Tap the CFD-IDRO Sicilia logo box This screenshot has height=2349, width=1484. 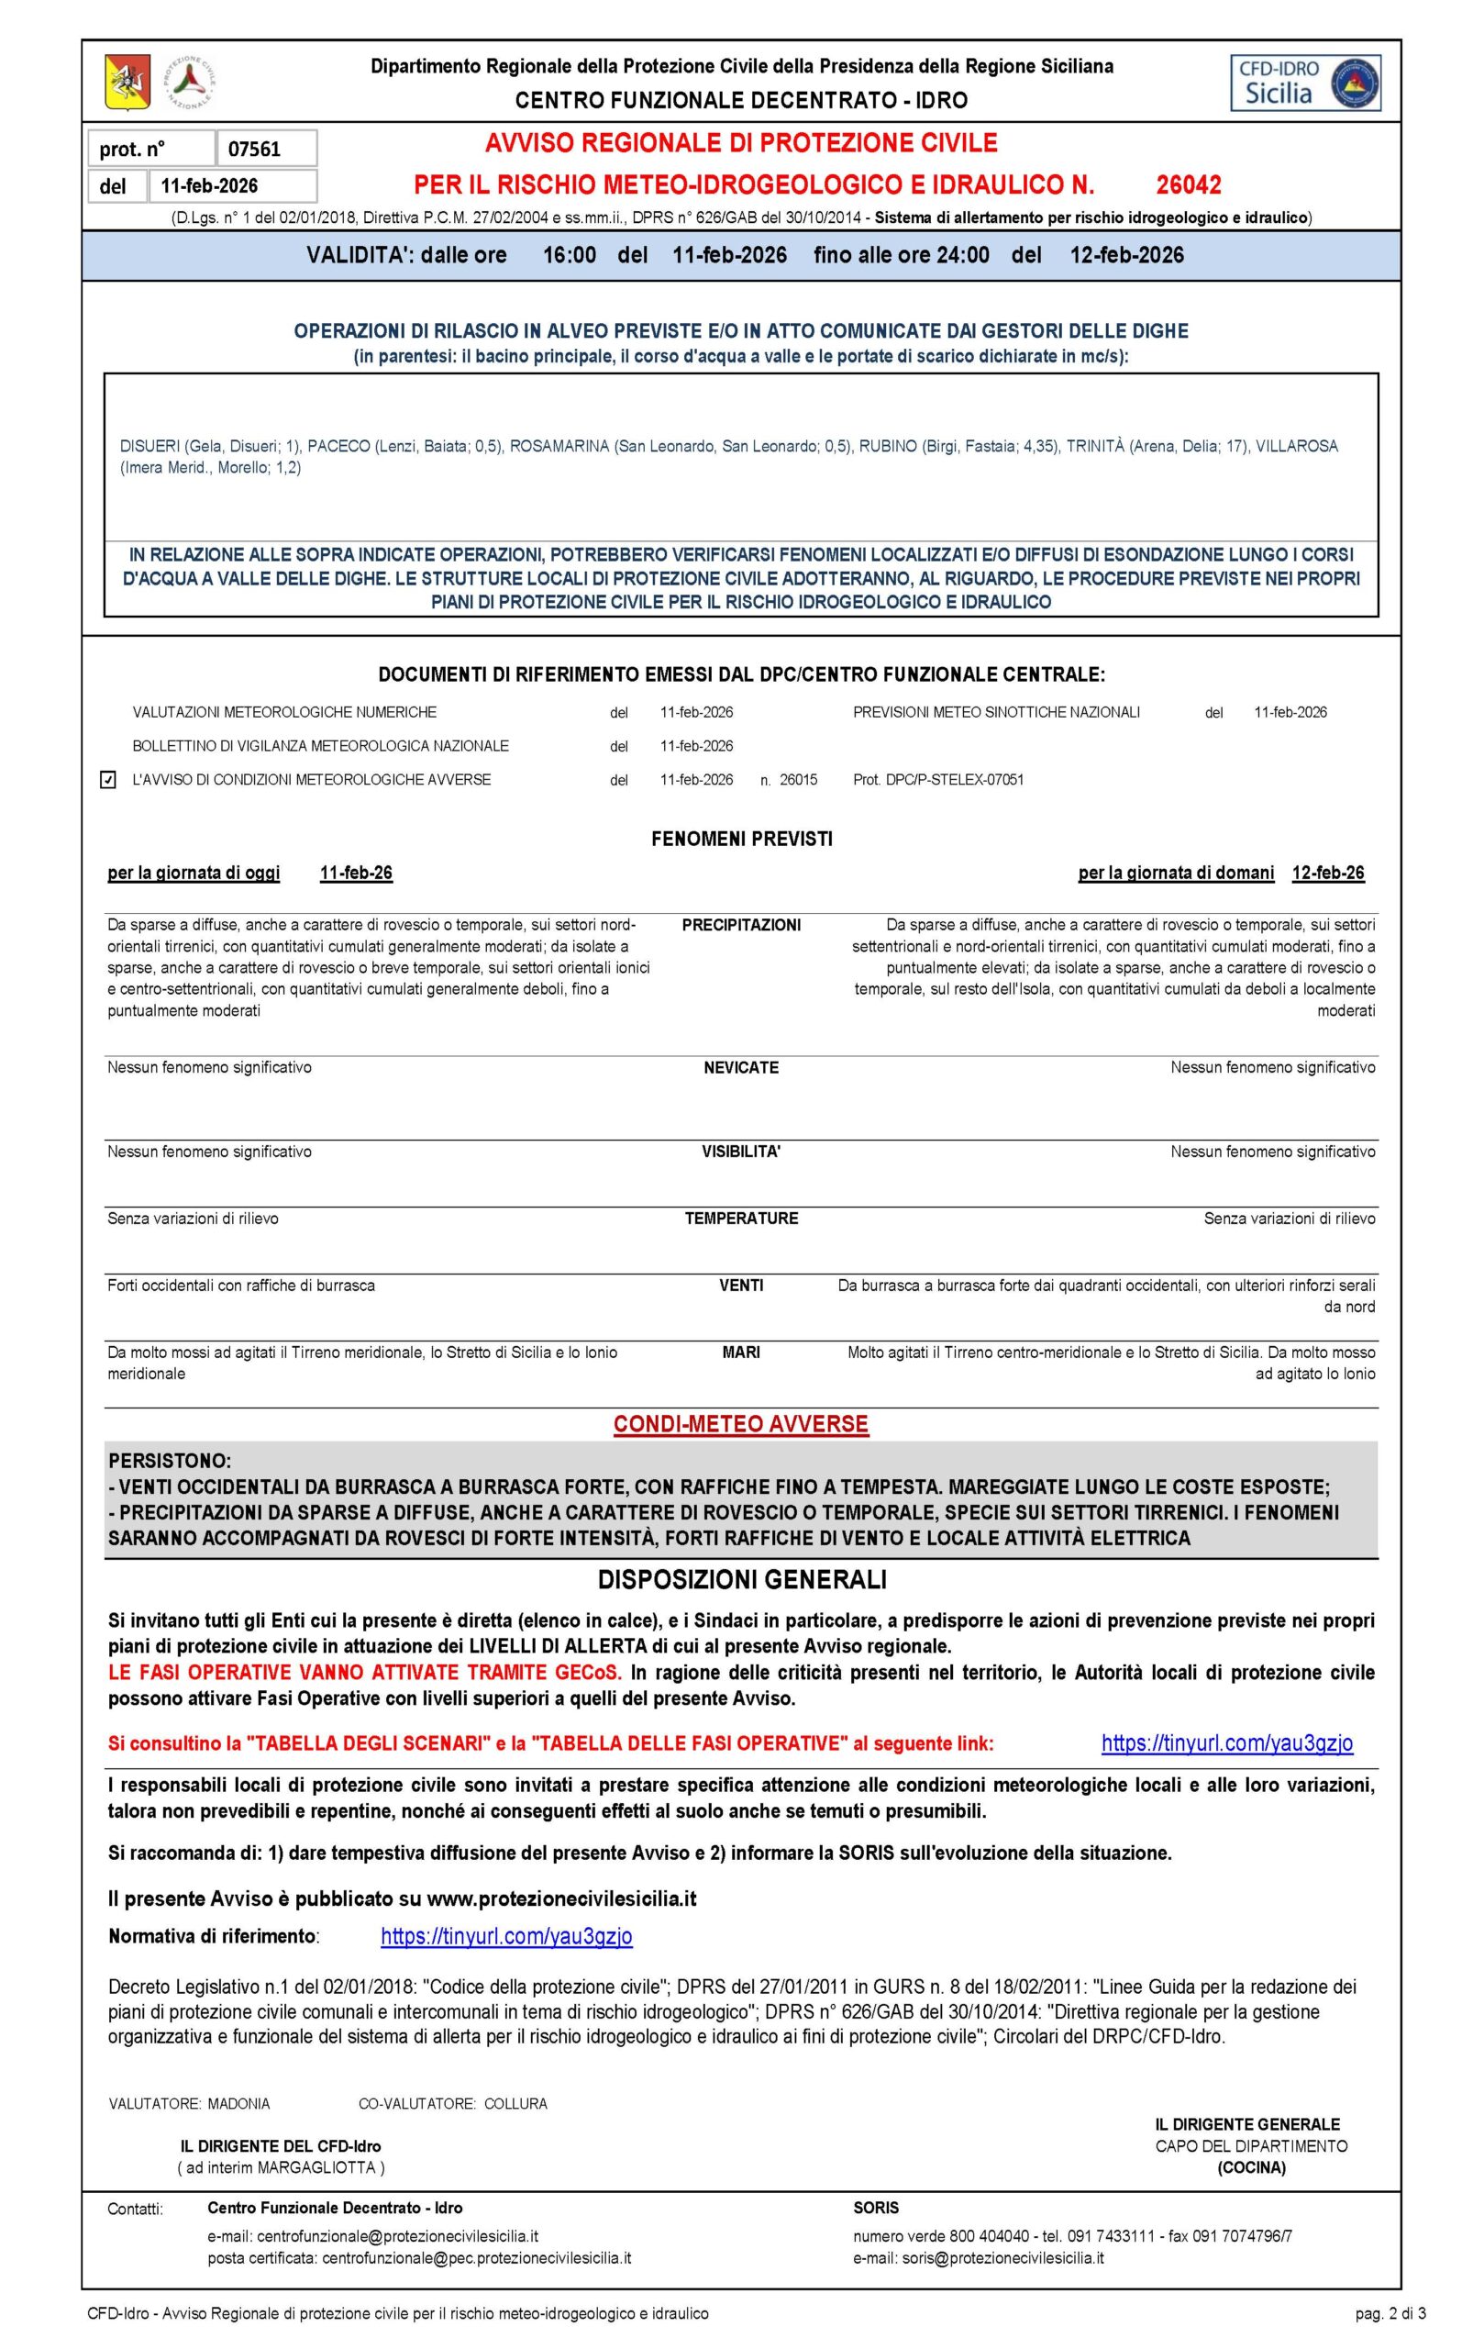click(x=1305, y=82)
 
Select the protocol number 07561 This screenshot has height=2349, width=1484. click(x=254, y=150)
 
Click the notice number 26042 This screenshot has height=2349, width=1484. click(x=1189, y=184)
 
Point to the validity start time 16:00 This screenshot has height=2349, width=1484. click(x=570, y=256)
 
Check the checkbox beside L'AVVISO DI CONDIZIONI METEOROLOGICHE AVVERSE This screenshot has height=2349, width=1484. click(x=109, y=779)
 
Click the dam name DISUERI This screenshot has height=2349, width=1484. click(x=150, y=446)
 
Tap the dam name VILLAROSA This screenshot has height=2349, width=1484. click(x=1297, y=446)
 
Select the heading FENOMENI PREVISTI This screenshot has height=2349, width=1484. click(x=741, y=839)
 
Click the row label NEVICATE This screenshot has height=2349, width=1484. click(x=741, y=1068)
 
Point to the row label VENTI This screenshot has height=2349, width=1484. click(x=741, y=1286)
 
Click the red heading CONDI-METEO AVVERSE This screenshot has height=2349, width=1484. click(x=741, y=1424)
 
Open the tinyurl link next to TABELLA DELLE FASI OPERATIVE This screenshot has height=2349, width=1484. click(x=1226, y=1743)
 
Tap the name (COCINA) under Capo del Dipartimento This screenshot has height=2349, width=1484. click(x=1251, y=2167)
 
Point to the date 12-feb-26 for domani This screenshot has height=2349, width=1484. click(x=1327, y=873)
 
